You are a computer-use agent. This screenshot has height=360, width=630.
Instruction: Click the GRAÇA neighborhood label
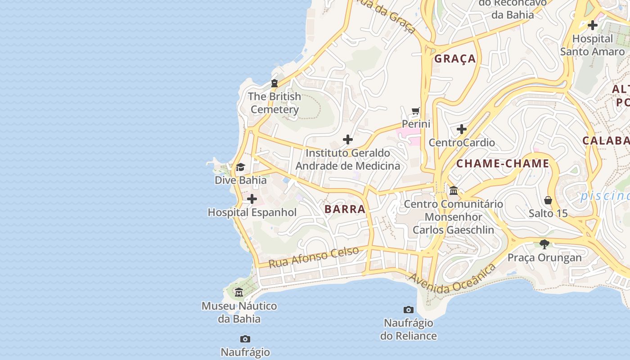455,58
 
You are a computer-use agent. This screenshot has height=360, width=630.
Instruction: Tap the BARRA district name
345,209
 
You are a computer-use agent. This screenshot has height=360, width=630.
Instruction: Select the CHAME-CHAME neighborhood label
503,163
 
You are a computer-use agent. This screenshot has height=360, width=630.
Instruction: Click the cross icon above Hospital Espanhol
252,199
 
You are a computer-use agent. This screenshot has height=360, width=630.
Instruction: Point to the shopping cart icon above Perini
416,111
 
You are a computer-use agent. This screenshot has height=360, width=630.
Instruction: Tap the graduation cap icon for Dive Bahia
240,167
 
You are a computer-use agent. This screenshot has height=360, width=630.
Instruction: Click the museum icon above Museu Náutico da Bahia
239,292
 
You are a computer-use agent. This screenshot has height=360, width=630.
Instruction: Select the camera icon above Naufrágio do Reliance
409,310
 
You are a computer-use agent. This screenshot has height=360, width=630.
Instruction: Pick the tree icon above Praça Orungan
544,244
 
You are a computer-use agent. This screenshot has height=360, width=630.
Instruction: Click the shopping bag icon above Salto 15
548,200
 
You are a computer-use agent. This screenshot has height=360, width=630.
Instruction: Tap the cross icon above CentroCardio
462,130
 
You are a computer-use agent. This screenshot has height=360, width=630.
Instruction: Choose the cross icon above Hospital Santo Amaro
593,25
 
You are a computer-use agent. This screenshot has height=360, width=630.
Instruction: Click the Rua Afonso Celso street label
314,257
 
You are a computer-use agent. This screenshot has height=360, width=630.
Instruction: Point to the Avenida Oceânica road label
452,279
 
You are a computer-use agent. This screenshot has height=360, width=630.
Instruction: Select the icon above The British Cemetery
274,83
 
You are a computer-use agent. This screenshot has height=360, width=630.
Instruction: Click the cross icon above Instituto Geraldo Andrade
348,139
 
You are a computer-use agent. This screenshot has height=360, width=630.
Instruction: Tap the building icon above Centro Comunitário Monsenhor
454,191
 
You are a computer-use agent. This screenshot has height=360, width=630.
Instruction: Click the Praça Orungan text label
544,258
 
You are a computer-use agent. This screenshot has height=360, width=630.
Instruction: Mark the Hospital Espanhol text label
252,212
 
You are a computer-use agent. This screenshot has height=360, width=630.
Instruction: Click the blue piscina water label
605,196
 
